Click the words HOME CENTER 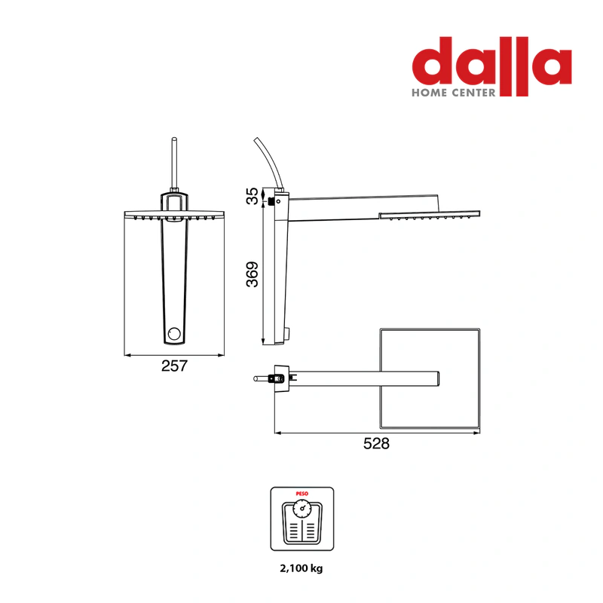454,93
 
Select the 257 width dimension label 174,366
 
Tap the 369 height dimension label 253,274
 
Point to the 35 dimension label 253,196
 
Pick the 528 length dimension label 376,443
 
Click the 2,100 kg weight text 301,568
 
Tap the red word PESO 302,494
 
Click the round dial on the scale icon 302,508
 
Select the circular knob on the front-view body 174,333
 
